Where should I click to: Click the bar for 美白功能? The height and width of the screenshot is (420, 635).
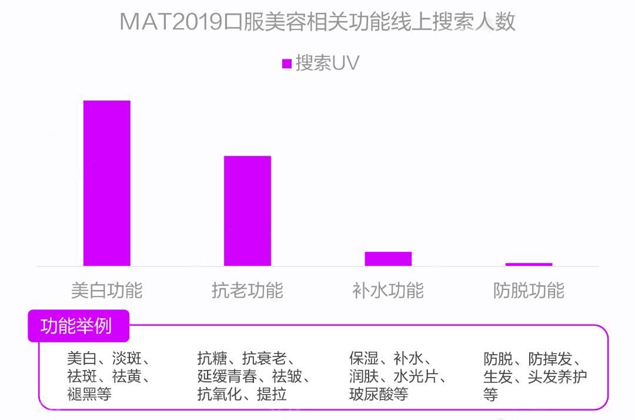[x=106, y=183]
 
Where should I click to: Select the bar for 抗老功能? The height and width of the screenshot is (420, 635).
[x=248, y=211]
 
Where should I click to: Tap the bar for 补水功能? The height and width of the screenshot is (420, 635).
[x=388, y=259]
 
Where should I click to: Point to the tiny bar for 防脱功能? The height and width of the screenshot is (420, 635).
[x=529, y=264]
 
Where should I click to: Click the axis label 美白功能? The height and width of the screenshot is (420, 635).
[x=106, y=291]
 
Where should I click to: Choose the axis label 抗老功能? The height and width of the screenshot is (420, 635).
[x=248, y=291]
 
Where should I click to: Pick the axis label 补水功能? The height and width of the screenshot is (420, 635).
[x=388, y=291]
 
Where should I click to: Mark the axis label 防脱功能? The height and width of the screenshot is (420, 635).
[x=529, y=291]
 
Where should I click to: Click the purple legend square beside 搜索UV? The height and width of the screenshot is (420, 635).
[x=287, y=64]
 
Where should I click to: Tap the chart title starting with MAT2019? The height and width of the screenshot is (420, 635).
[x=317, y=22]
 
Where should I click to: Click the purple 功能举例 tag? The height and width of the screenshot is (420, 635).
[x=77, y=325]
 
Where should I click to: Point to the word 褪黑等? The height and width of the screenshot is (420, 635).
[x=89, y=394]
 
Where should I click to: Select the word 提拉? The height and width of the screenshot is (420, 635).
[x=272, y=394]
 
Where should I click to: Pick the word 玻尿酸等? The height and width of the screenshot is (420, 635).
[x=379, y=394]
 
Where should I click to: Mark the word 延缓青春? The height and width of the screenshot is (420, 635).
[x=227, y=376]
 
